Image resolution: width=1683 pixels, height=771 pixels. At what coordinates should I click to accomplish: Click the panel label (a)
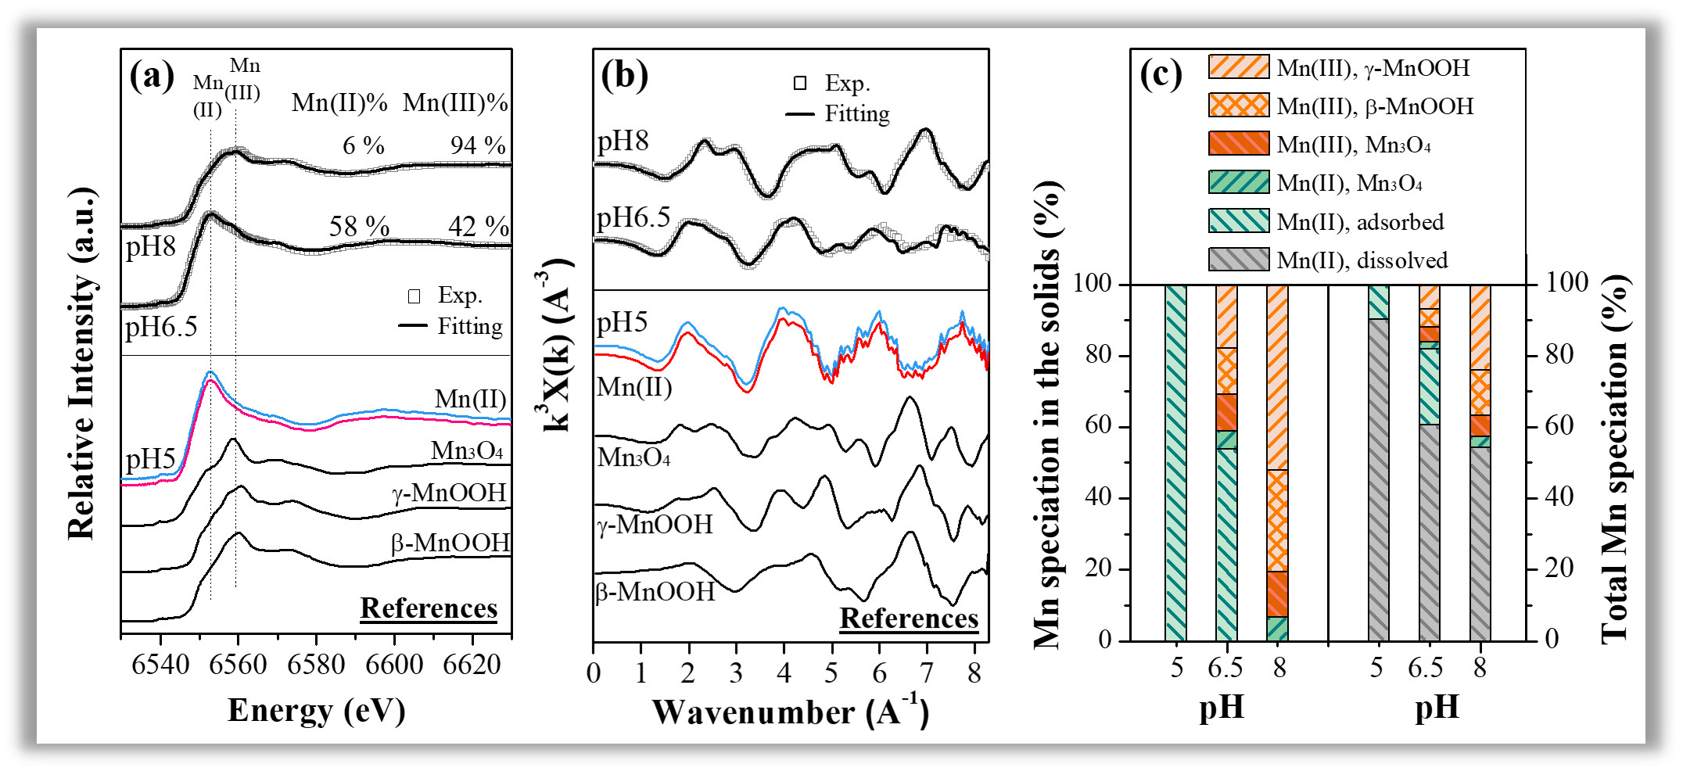pos(152,77)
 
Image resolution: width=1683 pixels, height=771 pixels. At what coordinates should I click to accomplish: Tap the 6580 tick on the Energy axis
pos(316,665)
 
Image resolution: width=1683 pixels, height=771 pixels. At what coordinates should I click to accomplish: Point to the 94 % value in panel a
pos(478,145)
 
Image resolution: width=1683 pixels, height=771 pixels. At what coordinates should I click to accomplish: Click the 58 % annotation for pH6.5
pos(359,227)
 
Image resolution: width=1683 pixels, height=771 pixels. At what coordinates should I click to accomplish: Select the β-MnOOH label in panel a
pos(450,543)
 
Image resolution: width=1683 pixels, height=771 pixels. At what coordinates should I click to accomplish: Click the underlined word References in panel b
pos(909,619)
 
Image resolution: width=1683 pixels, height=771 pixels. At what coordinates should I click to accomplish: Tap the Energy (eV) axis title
pos(316,711)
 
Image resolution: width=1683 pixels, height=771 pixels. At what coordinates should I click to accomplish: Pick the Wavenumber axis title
pos(791,712)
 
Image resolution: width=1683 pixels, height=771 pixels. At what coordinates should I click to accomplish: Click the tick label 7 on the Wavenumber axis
pos(927,672)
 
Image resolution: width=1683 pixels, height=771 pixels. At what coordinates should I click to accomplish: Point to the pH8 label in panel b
pos(623,142)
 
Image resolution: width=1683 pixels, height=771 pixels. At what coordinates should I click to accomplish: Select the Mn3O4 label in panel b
pos(633,457)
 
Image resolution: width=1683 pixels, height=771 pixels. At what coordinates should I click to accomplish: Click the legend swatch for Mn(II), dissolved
pos(1238,260)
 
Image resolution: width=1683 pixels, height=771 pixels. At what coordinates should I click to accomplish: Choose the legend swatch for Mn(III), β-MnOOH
pos(1238,106)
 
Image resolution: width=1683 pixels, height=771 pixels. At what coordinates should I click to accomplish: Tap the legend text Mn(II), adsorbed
pos(1360,222)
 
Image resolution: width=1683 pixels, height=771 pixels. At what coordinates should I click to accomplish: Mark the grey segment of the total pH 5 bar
pos(1378,480)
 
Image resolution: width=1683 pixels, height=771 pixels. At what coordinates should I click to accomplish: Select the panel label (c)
pos(1161,75)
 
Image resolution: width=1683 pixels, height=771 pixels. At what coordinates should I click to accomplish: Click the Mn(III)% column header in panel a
pos(455,103)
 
